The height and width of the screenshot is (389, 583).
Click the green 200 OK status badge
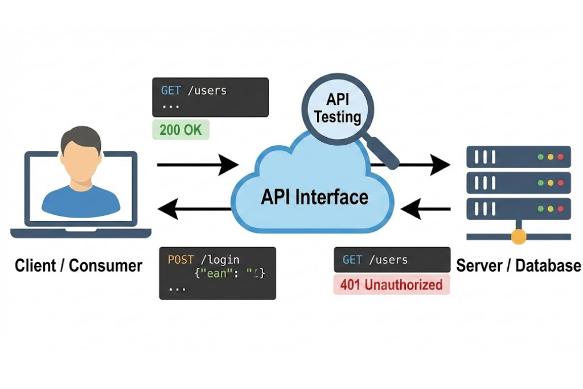(x=181, y=130)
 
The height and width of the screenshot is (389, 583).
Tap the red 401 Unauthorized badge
(x=391, y=284)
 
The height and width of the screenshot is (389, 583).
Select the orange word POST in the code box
(x=181, y=260)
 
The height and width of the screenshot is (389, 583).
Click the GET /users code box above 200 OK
(x=210, y=97)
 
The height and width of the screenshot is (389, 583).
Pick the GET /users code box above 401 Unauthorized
(x=392, y=260)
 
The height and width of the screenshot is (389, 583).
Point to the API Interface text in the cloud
(x=314, y=197)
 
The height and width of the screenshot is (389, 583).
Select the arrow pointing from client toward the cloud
(x=197, y=165)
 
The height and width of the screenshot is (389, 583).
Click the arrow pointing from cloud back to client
(x=194, y=209)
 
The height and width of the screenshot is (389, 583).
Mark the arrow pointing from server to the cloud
(x=425, y=209)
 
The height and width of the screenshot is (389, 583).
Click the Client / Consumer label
(x=79, y=265)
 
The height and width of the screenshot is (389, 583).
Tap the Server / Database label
(x=518, y=265)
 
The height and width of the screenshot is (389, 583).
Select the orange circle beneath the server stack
(x=518, y=236)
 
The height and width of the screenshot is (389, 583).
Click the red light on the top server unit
(x=560, y=157)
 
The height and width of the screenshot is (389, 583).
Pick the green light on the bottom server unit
(x=540, y=209)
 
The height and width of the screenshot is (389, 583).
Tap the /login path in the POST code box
(x=219, y=260)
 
